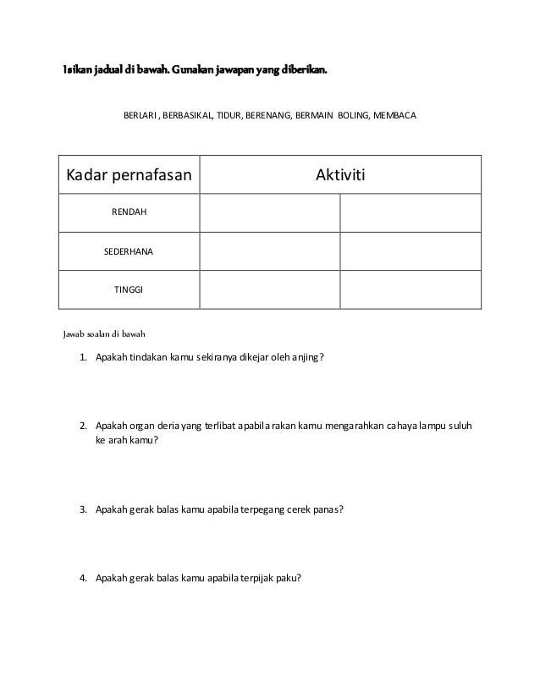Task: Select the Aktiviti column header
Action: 339,175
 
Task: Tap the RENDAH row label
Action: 129,212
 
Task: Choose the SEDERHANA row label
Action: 129,251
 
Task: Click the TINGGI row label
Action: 129,289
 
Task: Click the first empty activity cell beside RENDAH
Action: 270,212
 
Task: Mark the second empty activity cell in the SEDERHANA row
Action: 410,251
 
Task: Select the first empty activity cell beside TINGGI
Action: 270,289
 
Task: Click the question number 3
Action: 83,510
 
